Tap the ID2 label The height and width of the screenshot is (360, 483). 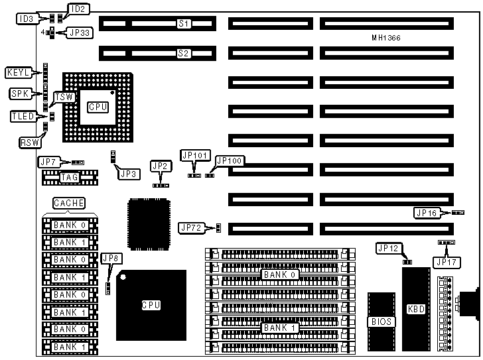[78, 9]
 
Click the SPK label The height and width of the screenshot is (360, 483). [20, 93]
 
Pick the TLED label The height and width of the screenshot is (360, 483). [23, 117]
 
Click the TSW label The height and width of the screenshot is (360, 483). [64, 97]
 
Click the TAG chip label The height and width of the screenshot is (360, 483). [69, 177]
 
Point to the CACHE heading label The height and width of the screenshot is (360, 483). [69, 202]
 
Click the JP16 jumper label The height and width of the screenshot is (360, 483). [427, 213]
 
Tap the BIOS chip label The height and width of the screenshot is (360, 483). [382, 322]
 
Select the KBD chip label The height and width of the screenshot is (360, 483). [416, 308]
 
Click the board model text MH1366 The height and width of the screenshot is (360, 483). [386, 38]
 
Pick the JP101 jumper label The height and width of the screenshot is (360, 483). [195, 155]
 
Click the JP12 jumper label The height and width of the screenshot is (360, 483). [388, 248]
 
